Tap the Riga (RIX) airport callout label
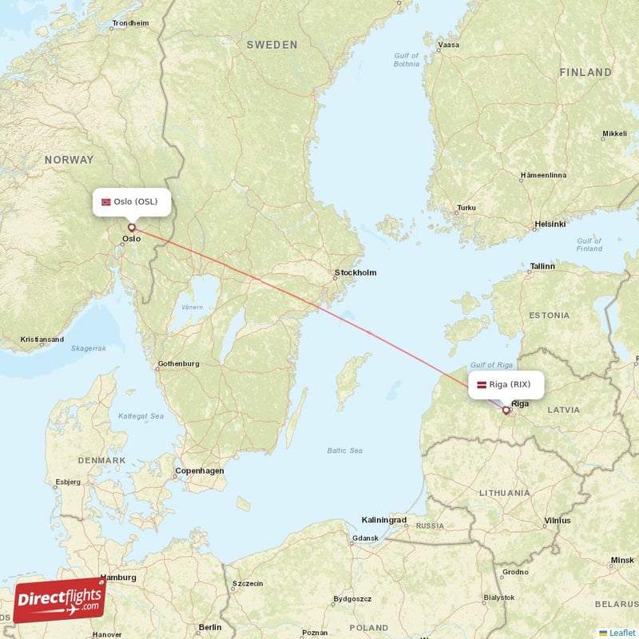[505, 385]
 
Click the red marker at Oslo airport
[132, 228]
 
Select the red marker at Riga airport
[506, 411]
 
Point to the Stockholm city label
[355, 273]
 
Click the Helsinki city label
[550, 224]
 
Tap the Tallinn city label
[542, 266]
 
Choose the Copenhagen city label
[199, 471]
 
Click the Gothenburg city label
[178, 364]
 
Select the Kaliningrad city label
[384, 520]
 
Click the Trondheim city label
[130, 24]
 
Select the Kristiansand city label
[42, 339]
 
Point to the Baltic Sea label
[344, 451]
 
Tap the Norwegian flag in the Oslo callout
[105, 202]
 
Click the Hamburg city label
[118, 577]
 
